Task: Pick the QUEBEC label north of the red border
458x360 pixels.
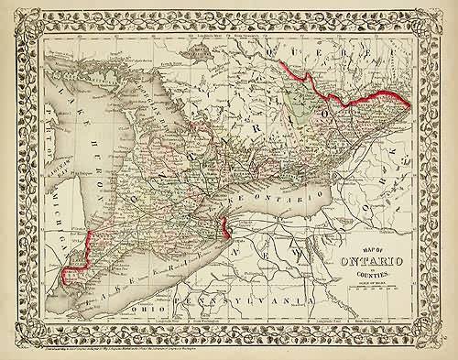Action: [x=366, y=64]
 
